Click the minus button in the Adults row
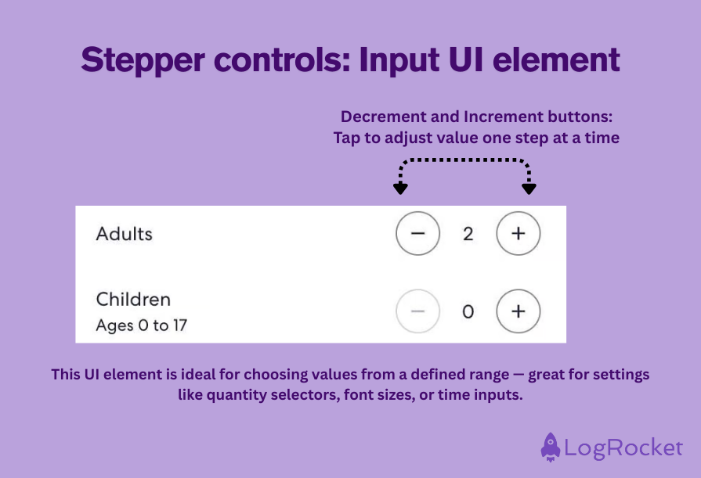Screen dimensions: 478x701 (417, 233)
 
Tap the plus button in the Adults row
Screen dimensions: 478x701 (518, 233)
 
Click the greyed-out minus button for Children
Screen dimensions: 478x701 (417, 311)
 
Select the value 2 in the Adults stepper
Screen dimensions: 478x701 (468, 234)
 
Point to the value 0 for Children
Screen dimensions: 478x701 (468, 312)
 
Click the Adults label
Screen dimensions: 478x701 (124, 233)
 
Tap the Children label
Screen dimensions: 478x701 (133, 300)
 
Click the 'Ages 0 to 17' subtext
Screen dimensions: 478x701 (141, 325)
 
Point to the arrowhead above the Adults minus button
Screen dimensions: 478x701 (400, 188)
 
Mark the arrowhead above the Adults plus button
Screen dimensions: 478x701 (529, 188)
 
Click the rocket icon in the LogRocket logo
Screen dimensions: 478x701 (551, 447)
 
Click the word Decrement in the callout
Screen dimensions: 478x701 (379, 117)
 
